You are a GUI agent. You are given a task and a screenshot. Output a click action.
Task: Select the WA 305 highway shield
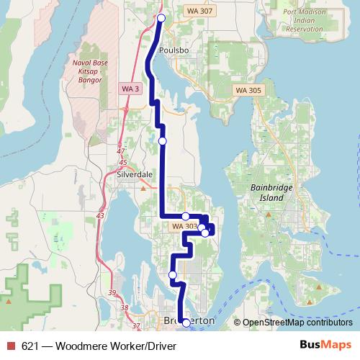(x=248, y=90)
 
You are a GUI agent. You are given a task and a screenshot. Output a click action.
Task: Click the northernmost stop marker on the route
(x=161, y=18)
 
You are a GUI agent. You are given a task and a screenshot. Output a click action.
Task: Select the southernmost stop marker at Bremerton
(x=186, y=323)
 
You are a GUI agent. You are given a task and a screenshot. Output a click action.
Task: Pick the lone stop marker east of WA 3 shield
(x=162, y=140)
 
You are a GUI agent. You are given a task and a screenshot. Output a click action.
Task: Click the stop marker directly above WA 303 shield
(x=185, y=216)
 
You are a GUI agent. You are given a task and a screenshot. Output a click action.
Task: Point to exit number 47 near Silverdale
(x=120, y=151)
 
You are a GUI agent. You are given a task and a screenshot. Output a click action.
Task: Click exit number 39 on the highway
(x=112, y=292)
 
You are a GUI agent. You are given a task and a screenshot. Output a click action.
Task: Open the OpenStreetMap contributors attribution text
(x=298, y=322)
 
